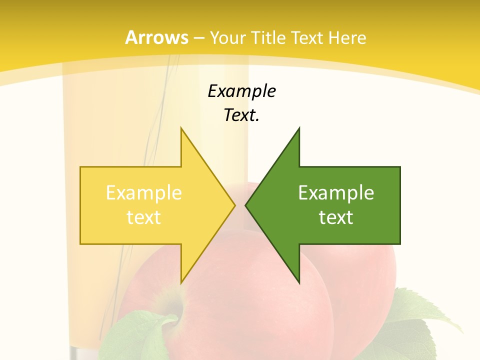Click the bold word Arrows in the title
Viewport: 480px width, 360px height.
156,37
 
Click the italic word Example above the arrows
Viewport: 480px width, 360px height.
241,91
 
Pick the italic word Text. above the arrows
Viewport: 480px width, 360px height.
241,115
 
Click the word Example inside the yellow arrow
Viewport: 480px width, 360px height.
144,193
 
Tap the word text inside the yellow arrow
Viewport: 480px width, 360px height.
144,217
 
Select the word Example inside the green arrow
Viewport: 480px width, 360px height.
336,193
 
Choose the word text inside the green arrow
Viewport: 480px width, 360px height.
336,217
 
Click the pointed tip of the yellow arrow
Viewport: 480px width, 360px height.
234,205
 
